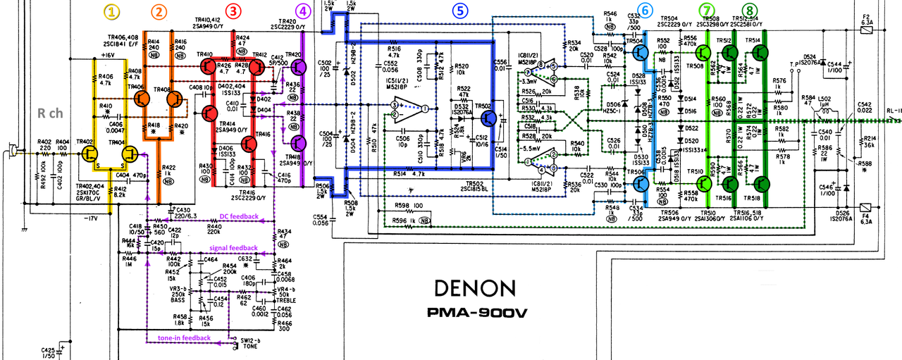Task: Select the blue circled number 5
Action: coord(459,11)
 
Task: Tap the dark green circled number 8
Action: coord(747,11)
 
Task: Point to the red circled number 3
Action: coord(233,11)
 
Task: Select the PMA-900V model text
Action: coord(478,313)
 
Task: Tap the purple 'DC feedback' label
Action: coord(237,216)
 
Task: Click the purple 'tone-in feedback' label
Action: coord(183,338)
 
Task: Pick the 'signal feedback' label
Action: coord(233,248)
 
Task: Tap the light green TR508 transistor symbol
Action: coord(703,52)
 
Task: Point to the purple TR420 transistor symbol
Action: coord(299,68)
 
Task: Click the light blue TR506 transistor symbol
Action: coord(641,184)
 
